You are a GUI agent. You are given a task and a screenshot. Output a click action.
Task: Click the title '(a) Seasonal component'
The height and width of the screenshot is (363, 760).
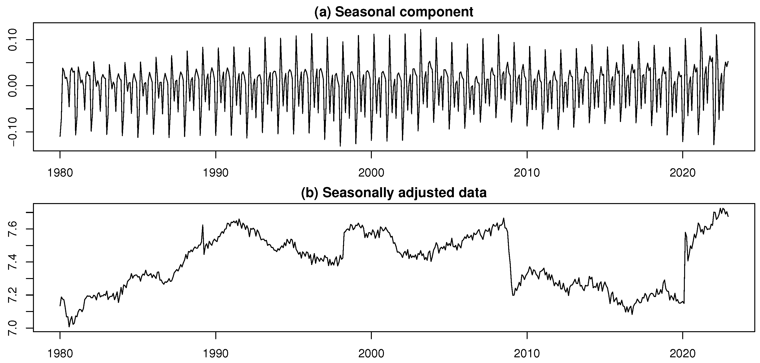point(394,12)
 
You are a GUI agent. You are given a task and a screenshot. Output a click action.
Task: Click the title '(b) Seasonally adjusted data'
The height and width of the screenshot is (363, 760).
point(394,193)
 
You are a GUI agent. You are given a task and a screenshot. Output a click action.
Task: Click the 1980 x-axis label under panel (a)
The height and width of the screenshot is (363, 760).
point(60,173)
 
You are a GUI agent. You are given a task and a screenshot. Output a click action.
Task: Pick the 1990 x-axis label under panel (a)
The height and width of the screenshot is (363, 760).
point(216,173)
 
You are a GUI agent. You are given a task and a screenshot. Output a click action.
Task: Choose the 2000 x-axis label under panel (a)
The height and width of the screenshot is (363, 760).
point(371,173)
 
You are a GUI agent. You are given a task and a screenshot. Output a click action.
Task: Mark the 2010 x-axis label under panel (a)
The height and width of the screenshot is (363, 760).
point(527,173)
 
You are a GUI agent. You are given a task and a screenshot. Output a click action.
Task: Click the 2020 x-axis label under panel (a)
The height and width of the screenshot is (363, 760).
point(682,173)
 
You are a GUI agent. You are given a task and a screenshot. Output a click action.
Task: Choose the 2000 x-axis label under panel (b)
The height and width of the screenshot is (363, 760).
point(371,353)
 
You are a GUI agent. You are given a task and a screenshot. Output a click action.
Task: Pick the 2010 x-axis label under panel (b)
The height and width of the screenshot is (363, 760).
point(527,353)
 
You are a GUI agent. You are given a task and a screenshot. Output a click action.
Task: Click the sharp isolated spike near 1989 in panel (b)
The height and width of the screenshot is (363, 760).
point(203,225)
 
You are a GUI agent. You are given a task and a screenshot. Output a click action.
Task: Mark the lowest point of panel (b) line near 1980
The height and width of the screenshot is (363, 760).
point(69,327)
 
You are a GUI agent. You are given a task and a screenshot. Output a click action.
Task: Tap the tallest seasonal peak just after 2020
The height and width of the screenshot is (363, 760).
point(701,28)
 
